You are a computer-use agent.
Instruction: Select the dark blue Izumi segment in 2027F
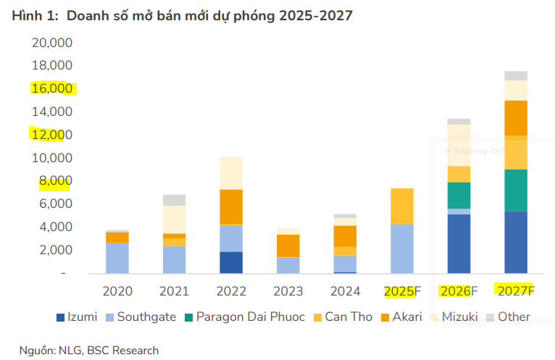coord(516,242)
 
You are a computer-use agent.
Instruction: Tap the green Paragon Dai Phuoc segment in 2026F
coord(459,195)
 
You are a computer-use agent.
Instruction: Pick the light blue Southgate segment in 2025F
coord(401,248)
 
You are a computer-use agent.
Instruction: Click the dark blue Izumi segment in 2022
coord(230,262)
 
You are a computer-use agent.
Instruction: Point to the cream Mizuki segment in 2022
coord(230,173)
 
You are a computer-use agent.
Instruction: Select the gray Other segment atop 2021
coord(174,200)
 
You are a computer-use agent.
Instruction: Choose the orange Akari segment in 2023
coord(288,246)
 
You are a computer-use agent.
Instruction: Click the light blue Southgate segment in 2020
coord(117,258)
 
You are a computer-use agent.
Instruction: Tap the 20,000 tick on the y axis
coord(52,43)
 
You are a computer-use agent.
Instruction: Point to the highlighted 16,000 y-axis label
coord(52,89)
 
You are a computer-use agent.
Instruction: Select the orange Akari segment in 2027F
coord(516,117)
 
